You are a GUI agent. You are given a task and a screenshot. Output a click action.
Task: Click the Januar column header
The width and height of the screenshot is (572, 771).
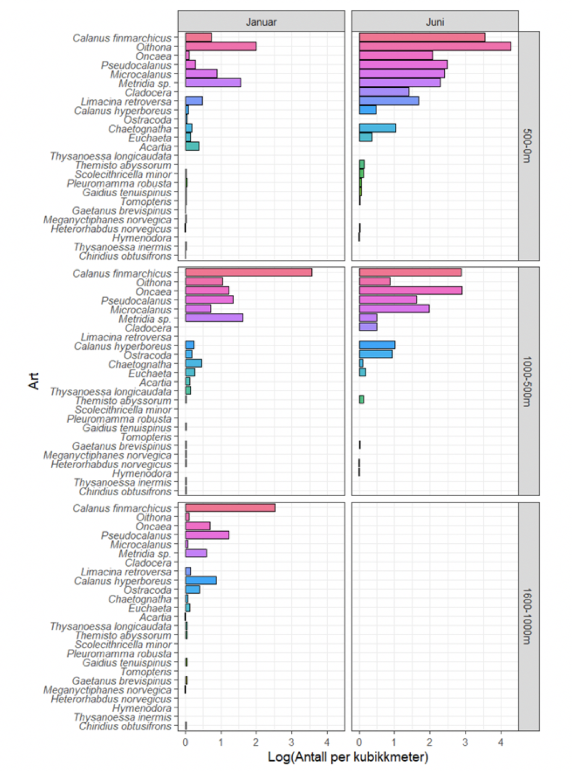pos(261,22)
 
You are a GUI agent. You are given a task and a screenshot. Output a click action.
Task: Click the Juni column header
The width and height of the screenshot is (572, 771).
pos(435,22)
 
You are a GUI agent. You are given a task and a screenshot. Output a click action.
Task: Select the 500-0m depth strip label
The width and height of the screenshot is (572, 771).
pos(528,146)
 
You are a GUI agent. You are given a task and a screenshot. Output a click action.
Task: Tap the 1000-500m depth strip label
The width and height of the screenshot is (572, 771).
pos(528,381)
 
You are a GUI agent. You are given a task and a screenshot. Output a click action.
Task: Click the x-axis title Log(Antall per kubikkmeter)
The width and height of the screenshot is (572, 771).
pos(348,757)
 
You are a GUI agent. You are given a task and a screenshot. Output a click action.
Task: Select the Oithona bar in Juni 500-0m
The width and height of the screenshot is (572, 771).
pos(434,46)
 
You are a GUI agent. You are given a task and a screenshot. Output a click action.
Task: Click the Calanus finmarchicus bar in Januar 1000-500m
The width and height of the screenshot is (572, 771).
pos(248,272)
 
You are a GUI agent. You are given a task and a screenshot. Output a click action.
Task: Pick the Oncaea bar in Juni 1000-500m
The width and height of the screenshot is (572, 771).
pos(410,291)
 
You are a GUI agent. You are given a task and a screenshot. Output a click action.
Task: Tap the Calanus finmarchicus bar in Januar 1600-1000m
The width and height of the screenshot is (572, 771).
pos(230,508)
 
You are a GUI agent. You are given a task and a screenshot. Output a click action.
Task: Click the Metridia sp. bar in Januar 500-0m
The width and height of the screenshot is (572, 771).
pos(213,83)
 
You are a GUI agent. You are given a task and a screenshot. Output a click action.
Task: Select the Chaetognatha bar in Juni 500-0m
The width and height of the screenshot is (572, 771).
pos(377,128)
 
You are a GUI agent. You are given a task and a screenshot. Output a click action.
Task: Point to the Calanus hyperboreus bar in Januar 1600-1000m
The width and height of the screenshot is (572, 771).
pos(201,581)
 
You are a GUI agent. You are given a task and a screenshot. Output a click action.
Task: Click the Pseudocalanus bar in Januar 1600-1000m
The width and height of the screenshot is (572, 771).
pos(207,535)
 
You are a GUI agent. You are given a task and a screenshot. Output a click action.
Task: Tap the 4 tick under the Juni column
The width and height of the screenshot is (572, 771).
pos(501,742)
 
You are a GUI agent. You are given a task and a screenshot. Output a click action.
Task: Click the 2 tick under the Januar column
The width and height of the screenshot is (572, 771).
pos(256,742)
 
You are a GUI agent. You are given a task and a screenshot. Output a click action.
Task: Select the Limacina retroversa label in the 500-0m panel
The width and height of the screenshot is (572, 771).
pos(126,102)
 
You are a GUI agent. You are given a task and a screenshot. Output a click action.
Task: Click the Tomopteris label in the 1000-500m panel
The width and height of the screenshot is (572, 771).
pos(146,437)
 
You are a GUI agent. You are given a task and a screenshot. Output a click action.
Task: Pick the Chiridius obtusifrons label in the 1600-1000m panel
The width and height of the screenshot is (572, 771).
pos(125,726)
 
